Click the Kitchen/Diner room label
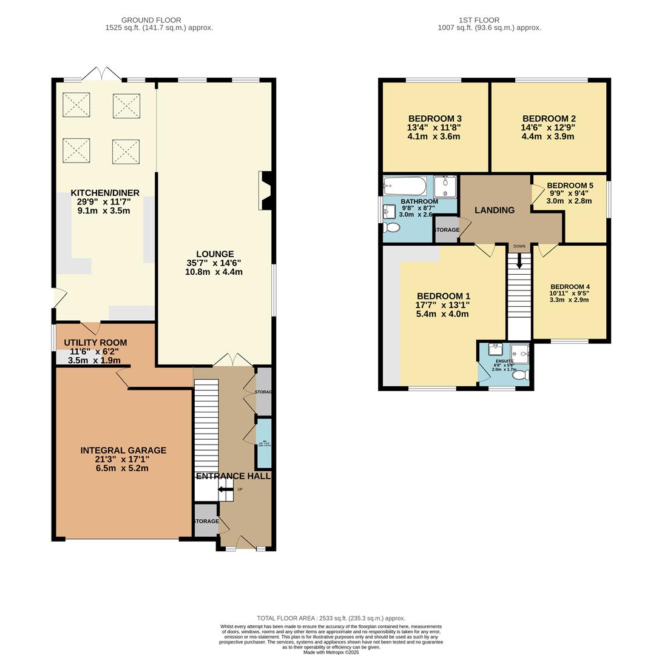105,193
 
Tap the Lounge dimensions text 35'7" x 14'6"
214,263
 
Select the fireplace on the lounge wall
266,190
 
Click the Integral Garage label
123,451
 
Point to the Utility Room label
95,343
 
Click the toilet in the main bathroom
391,227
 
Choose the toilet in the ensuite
521,375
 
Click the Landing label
495,210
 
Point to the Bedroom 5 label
570,186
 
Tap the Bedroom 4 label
570,287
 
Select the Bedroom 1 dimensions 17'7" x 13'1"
442,305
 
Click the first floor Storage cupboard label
446,230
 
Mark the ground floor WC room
263,443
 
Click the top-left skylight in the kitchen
76,105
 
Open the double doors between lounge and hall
224,360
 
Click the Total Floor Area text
331,618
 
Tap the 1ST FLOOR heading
489,20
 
